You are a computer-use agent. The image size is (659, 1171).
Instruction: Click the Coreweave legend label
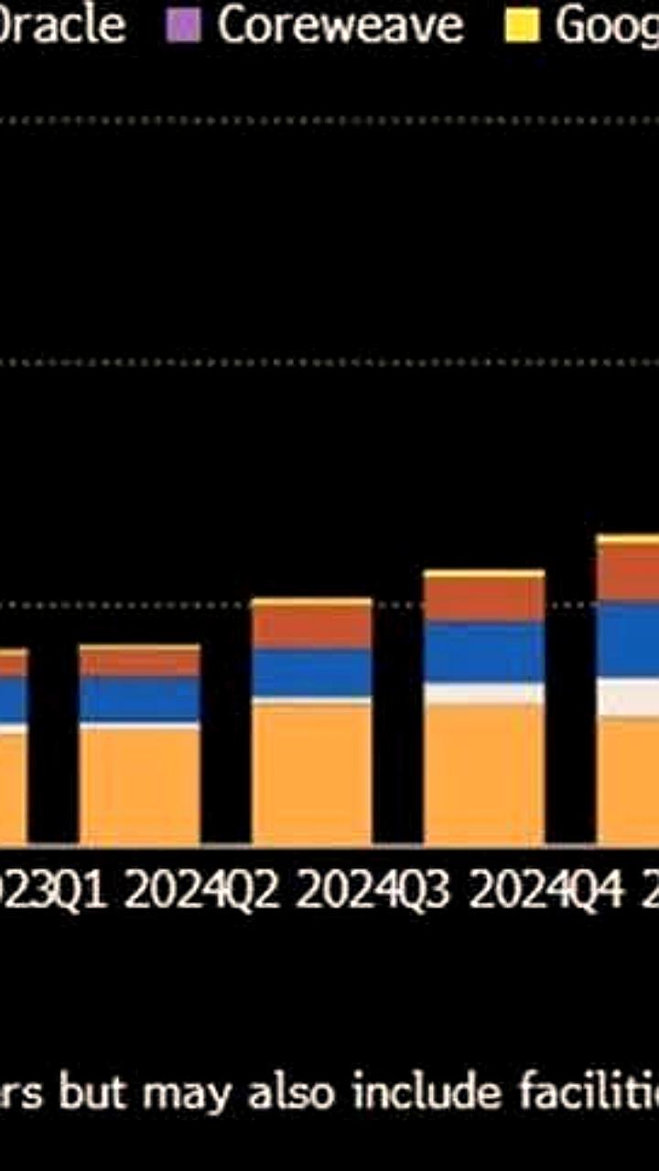click(340, 26)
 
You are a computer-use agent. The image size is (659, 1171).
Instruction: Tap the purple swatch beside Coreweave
click(183, 27)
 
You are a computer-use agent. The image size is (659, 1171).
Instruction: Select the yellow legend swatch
click(523, 27)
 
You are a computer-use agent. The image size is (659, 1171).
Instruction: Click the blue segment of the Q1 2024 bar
click(139, 699)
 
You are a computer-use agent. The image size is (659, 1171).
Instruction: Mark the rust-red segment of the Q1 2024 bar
click(139, 662)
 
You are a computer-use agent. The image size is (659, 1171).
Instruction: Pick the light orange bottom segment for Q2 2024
click(312, 773)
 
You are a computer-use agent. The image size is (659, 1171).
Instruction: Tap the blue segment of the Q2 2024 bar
click(312, 672)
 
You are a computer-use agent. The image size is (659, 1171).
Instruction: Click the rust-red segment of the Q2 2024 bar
click(312, 627)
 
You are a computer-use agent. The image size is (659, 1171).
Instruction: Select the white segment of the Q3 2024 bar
click(484, 693)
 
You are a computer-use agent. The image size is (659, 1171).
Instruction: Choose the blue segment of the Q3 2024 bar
click(484, 651)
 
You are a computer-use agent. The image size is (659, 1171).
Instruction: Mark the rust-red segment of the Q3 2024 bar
click(484, 599)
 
